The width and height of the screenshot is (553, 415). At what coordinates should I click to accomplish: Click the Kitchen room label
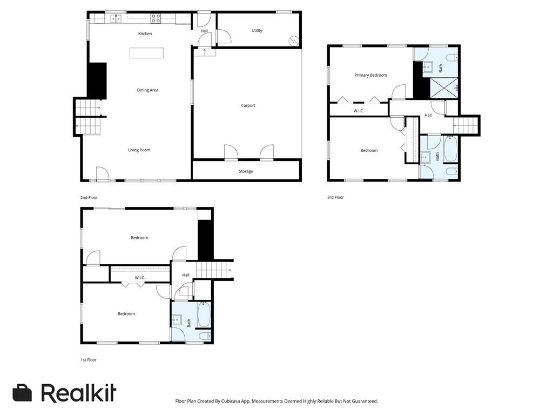point(145,34)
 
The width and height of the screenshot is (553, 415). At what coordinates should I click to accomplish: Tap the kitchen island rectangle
point(146,53)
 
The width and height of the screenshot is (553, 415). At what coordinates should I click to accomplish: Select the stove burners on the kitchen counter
point(156,18)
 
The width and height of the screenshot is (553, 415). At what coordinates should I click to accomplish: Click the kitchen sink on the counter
point(116,19)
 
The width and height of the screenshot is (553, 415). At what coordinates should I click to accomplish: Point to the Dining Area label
point(147,90)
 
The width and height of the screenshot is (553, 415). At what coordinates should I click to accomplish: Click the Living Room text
point(139,150)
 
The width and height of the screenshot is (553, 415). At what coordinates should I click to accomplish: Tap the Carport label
point(248,105)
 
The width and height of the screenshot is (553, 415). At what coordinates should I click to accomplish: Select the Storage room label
point(246,171)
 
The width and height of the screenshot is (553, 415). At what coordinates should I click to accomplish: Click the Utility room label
point(257,30)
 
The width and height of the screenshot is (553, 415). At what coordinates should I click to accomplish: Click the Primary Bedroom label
point(370,75)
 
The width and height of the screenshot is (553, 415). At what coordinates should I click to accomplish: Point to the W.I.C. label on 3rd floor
point(359,111)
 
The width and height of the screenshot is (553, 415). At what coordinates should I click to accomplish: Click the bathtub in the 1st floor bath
point(204,315)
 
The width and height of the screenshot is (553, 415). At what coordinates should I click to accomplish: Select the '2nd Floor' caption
point(89,198)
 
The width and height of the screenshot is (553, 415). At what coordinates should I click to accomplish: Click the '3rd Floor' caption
point(335,197)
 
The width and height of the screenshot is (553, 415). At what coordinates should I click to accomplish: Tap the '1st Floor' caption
point(89,360)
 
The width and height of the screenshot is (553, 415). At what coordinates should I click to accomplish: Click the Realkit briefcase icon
point(23,393)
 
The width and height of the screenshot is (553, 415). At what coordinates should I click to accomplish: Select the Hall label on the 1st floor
point(186,275)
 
